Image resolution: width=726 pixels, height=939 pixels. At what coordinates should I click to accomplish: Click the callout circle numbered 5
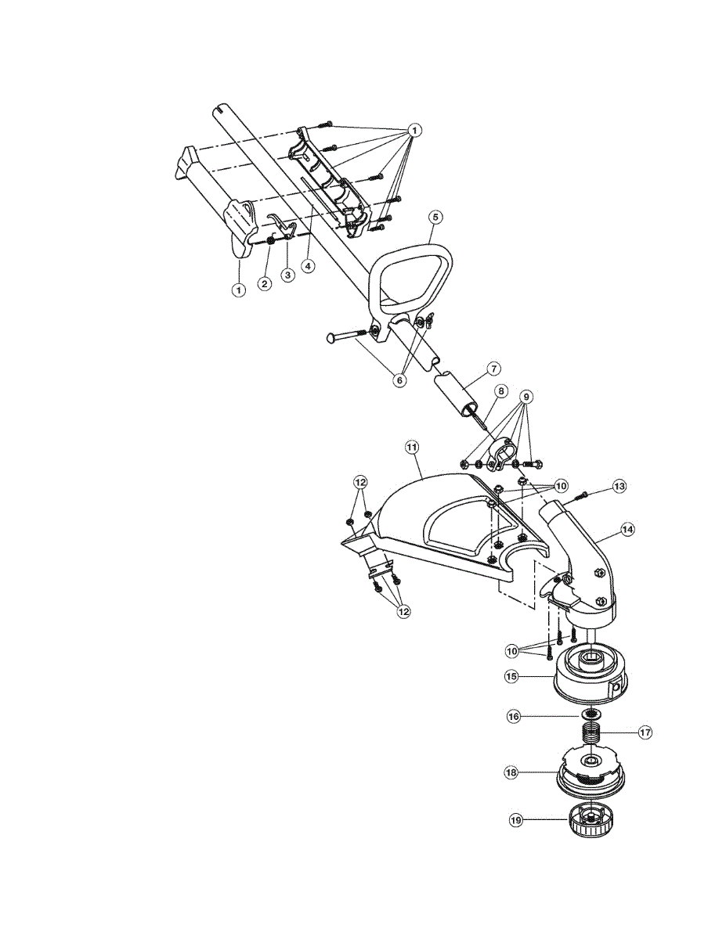coord(436,215)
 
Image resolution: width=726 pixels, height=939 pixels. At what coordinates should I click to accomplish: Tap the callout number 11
coord(412,447)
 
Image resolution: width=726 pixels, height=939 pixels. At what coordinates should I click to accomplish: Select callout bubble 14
coord(627,529)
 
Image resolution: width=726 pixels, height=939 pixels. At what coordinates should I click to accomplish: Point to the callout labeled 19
coord(515,820)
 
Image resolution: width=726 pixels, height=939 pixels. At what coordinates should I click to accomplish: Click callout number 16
coord(514,715)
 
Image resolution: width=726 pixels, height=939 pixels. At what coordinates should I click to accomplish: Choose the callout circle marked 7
coord(493,367)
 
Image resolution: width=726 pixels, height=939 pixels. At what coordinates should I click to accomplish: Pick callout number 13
coord(619,487)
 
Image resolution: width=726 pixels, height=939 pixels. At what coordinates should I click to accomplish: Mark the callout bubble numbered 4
coord(309,266)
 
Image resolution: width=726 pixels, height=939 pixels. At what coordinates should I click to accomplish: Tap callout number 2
coord(265,284)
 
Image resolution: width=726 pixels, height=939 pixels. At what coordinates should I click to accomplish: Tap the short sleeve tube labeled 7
coord(458,396)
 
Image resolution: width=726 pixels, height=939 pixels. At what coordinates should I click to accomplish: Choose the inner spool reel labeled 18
coord(588,768)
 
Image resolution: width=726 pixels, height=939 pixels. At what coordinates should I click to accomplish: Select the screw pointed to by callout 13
coord(582,495)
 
